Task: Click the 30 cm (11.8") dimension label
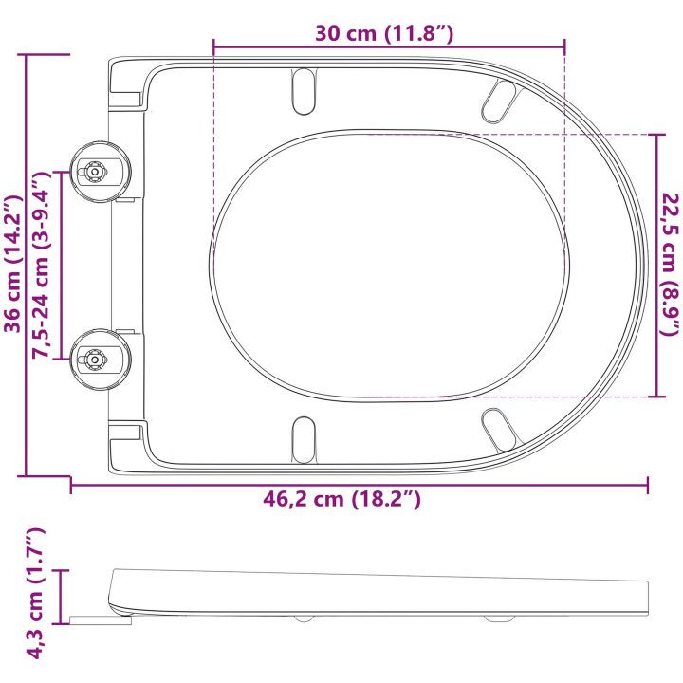tap(384, 33)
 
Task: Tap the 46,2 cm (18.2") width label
tap(341, 499)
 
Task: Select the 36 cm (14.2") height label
tap(12, 264)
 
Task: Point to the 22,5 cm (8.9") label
tap(670, 265)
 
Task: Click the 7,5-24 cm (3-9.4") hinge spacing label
tap(43, 265)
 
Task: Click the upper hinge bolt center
tap(94, 172)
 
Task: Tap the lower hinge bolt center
tap(94, 360)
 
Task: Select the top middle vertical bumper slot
tap(304, 91)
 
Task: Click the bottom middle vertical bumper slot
tap(304, 439)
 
